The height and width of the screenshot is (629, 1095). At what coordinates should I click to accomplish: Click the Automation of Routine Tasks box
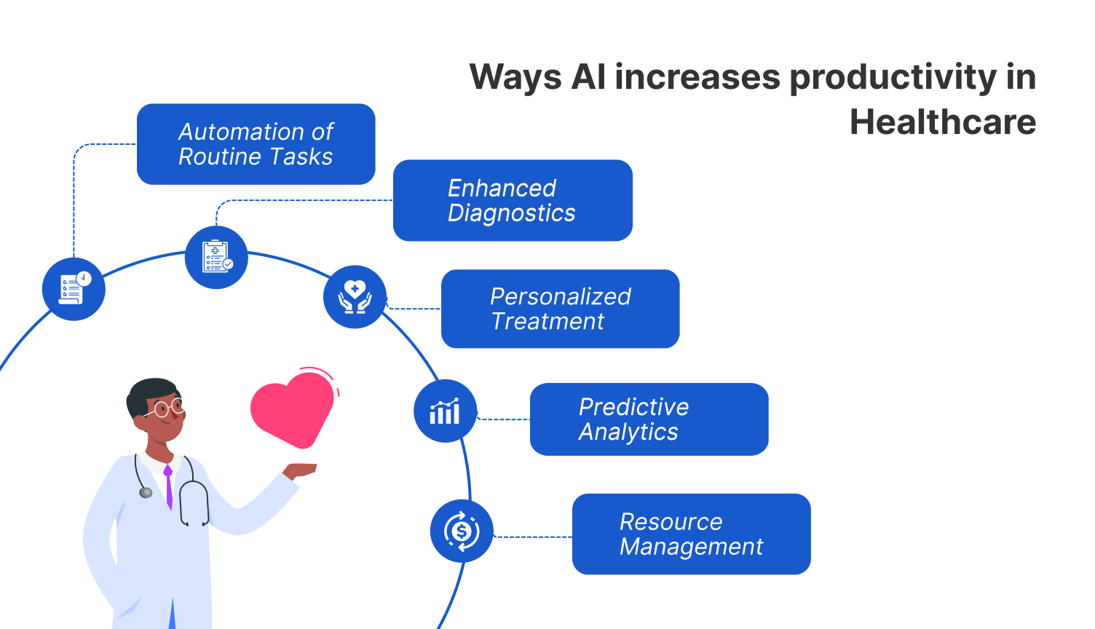click(x=256, y=144)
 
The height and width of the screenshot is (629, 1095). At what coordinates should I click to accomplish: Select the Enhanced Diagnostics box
click(x=513, y=200)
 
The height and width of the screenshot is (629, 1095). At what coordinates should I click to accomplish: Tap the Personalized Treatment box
click(x=560, y=309)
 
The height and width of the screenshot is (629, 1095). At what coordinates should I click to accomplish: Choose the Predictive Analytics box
click(x=649, y=419)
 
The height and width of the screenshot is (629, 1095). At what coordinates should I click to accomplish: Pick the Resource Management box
click(x=691, y=534)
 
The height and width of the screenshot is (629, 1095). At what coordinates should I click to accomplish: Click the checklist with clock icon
click(x=74, y=289)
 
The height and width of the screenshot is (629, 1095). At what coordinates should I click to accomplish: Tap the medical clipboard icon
click(x=216, y=257)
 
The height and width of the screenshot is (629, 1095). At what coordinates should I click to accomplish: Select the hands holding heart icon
click(x=355, y=297)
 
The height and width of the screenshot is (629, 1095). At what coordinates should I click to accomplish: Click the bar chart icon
click(x=445, y=411)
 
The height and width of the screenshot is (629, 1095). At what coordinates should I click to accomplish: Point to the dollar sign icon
click(x=462, y=531)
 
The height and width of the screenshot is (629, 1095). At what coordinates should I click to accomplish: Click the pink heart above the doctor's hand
click(x=291, y=408)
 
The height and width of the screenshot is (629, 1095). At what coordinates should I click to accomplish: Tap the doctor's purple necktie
click(x=169, y=486)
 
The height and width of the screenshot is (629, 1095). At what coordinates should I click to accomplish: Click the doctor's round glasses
click(x=168, y=408)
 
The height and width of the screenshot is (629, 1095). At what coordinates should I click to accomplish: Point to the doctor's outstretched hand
click(x=300, y=470)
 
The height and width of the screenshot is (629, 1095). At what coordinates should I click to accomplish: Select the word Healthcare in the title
click(x=943, y=122)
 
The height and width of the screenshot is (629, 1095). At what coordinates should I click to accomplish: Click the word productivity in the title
click(x=893, y=77)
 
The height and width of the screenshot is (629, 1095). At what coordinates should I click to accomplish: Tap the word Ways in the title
click(x=515, y=77)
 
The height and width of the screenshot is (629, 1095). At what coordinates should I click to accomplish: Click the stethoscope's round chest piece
click(x=146, y=493)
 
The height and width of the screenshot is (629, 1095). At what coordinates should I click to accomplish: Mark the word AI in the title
click(x=588, y=77)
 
